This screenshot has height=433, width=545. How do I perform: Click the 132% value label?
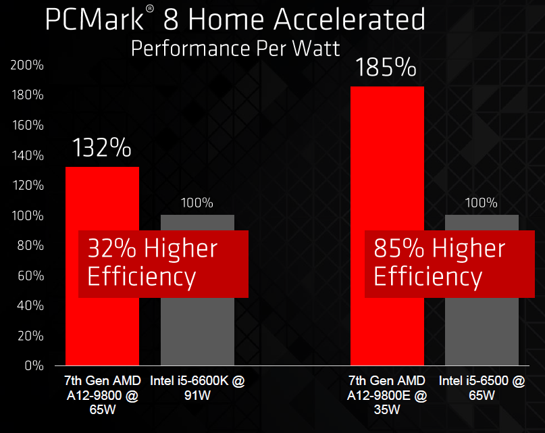(102, 148)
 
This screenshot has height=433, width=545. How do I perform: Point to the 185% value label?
(387, 68)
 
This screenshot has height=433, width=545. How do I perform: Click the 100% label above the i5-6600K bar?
(197, 203)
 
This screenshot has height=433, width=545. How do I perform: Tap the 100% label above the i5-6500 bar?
(482, 203)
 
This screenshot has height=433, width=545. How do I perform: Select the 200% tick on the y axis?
(27, 66)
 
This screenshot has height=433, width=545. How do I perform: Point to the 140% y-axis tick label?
(27, 155)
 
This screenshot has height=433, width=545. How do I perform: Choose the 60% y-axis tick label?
(30, 276)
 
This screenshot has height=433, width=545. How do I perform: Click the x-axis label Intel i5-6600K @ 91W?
(197, 388)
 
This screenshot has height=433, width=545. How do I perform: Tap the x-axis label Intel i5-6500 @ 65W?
(482, 388)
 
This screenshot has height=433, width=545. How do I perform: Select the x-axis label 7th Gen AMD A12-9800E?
(387, 394)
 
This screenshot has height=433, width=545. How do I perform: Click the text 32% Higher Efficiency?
(153, 263)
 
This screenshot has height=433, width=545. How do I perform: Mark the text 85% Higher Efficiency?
(439, 263)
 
